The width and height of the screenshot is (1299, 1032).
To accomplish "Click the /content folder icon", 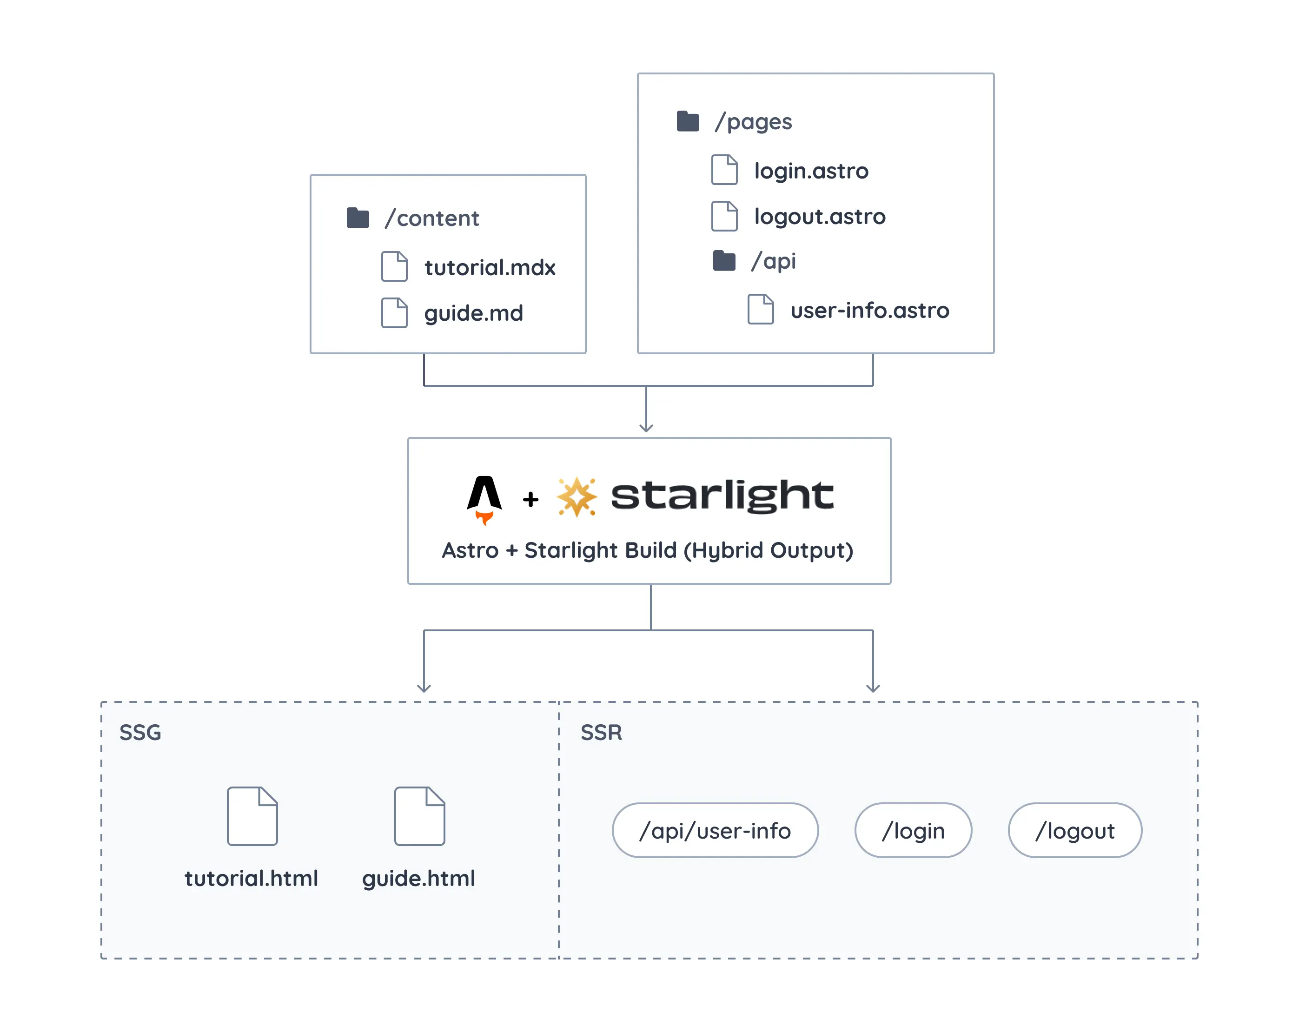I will click(x=358, y=218).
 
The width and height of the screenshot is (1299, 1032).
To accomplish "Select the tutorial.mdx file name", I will click(x=489, y=267).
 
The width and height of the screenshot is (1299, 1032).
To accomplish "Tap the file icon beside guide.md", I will click(x=394, y=313).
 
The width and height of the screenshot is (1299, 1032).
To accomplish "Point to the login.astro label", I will click(x=811, y=171).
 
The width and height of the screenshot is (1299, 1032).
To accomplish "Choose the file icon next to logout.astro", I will click(x=724, y=216).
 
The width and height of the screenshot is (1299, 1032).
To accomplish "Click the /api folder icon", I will click(x=724, y=261).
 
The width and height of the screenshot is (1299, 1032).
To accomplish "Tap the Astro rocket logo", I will click(x=484, y=499).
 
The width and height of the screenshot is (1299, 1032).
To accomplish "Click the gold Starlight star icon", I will click(x=577, y=497).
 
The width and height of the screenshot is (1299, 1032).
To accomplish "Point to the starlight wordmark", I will click(x=722, y=496).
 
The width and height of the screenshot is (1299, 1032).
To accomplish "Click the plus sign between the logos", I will click(x=530, y=499).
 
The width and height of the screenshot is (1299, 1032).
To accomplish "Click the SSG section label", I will click(x=140, y=733).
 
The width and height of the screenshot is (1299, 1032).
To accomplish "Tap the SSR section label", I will click(x=601, y=733).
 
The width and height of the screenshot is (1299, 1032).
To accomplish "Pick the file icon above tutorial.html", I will click(x=252, y=816).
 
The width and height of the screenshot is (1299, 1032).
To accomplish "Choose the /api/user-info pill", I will click(x=715, y=831).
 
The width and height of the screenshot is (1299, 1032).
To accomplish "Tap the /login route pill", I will click(x=913, y=831).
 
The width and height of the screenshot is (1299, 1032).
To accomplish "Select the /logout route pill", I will click(x=1075, y=831).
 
